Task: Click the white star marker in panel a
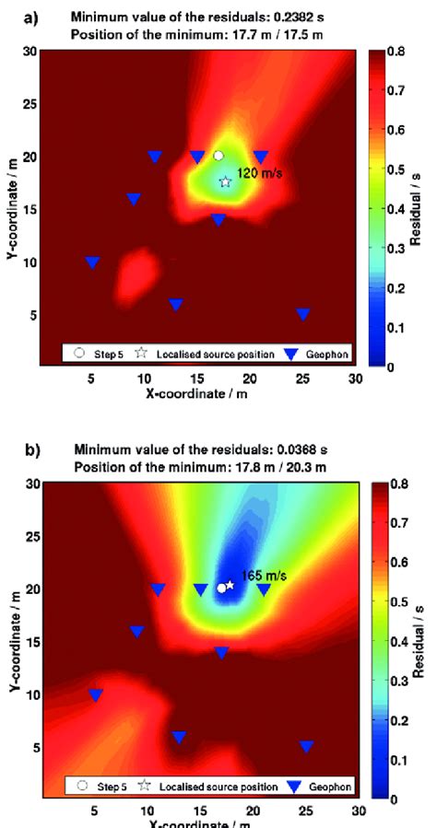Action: coord(225,182)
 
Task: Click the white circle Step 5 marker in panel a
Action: coord(218,156)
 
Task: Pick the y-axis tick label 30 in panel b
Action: coord(33,483)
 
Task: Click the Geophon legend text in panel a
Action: coord(330,353)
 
